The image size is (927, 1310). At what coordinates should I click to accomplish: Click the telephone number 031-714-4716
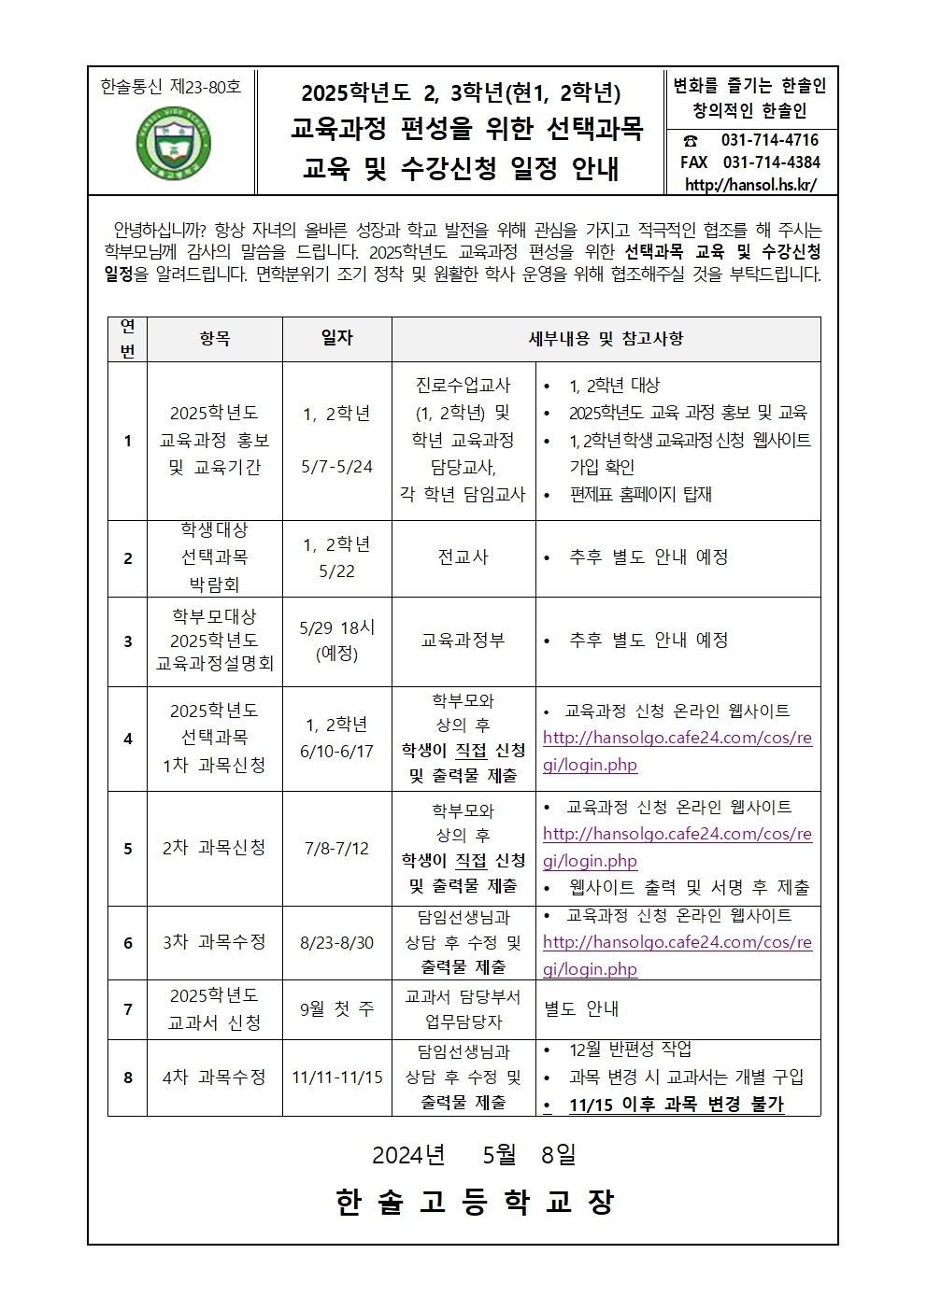[x=769, y=140]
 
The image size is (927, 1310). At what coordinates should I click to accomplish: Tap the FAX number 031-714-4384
[x=771, y=162]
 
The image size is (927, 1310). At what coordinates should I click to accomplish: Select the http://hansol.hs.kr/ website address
[x=750, y=185]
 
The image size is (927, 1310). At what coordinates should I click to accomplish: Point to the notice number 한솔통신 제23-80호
[x=170, y=87]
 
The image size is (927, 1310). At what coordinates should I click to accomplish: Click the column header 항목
[x=214, y=339]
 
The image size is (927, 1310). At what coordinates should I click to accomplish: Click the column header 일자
[x=336, y=338]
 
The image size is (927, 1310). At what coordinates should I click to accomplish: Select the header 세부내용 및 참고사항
[x=606, y=339]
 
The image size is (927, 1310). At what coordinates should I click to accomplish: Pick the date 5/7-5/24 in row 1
[x=336, y=467]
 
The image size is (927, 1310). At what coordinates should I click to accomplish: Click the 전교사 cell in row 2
[x=463, y=557]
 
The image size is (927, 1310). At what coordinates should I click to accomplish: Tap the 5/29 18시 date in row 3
[x=336, y=627]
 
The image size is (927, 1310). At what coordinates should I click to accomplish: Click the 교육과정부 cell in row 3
[x=463, y=641]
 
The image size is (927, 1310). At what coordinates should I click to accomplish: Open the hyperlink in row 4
[x=677, y=751]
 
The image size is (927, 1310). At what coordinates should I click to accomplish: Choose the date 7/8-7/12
[x=336, y=849]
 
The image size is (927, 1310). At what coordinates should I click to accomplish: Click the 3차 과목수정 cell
[x=214, y=942]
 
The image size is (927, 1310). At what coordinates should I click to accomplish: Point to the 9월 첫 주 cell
[x=336, y=1009]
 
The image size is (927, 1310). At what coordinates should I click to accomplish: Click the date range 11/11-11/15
[x=336, y=1078]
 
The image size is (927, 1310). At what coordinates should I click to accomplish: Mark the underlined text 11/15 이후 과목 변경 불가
[x=676, y=1105]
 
